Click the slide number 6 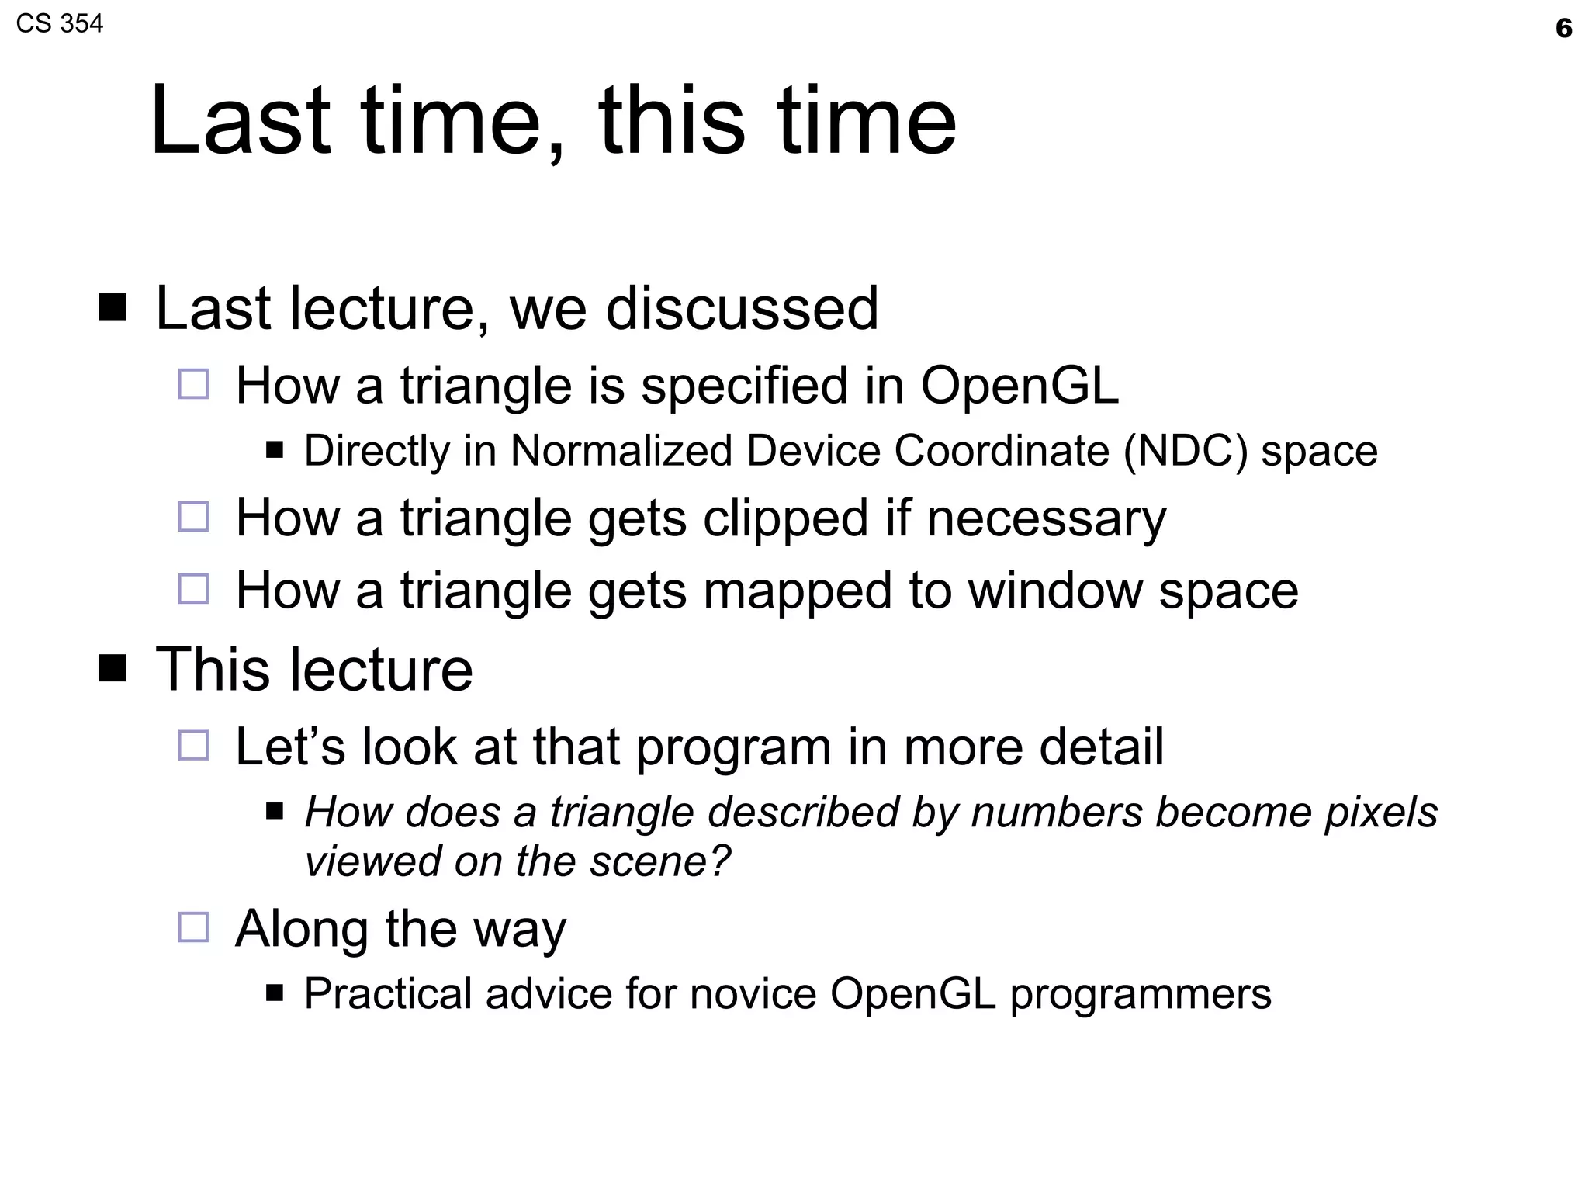click(1563, 29)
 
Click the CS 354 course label click(59, 24)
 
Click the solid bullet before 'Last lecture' click(113, 307)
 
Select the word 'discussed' click(742, 309)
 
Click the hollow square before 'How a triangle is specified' click(193, 384)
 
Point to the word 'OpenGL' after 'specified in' click(1019, 386)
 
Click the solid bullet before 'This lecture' click(113, 667)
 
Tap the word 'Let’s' click(290, 747)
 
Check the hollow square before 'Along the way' click(193, 927)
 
